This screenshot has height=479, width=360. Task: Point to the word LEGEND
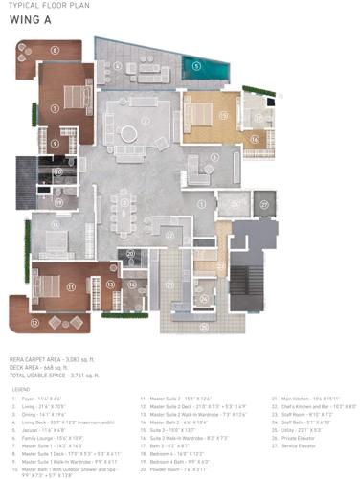tap(21, 389)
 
